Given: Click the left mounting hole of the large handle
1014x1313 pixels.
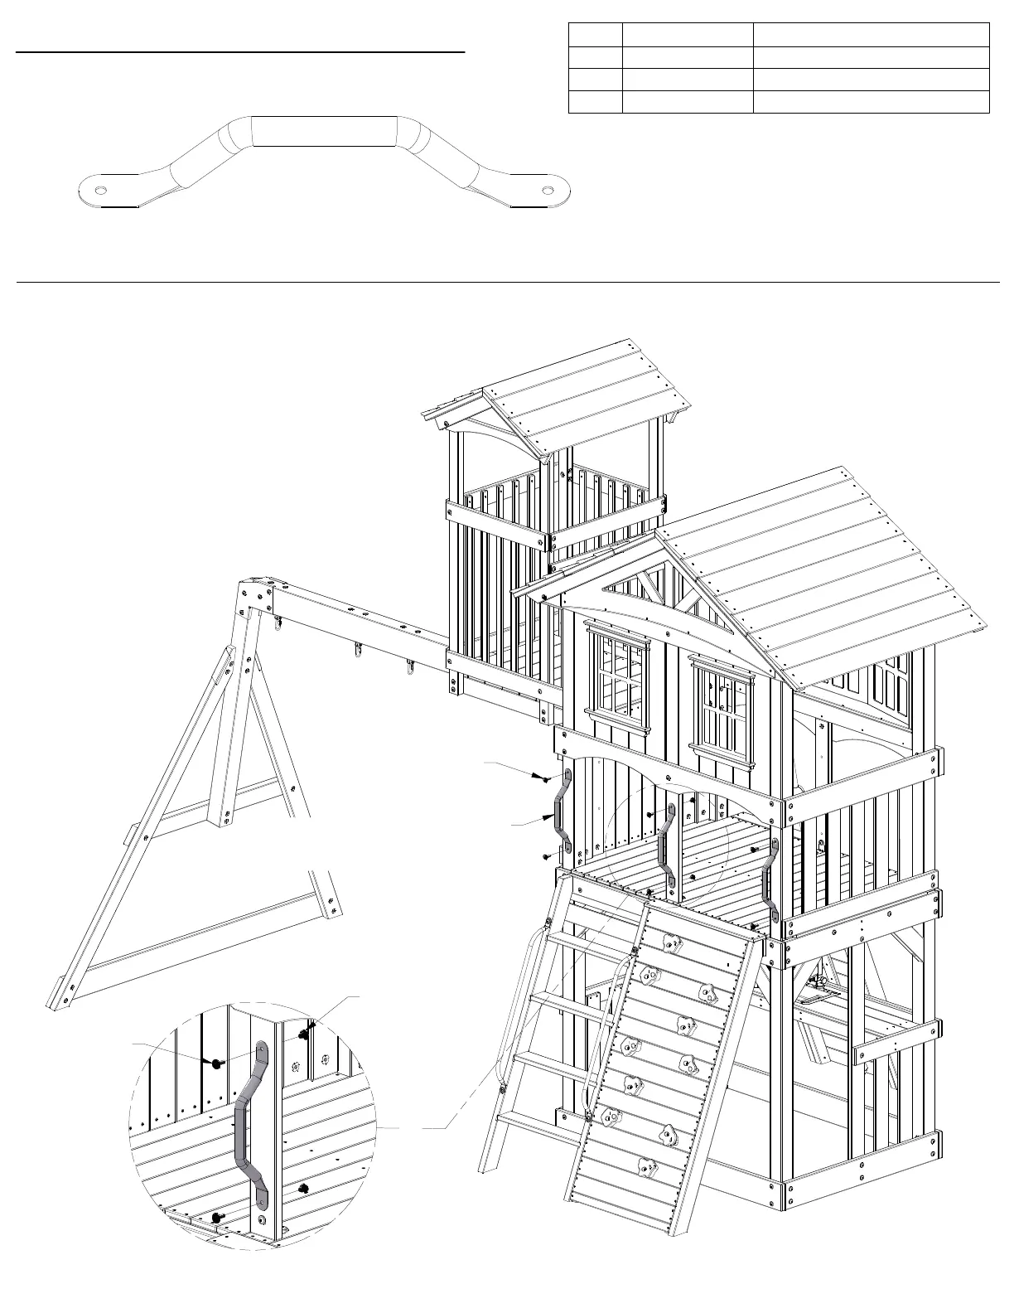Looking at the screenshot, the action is pyautogui.click(x=100, y=190).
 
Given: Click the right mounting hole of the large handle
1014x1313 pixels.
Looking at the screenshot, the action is pyautogui.click(x=548, y=190).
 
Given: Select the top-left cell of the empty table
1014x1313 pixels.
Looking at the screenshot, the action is pyautogui.click(x=595, y=35).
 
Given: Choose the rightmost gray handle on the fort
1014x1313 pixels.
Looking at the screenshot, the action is pyautogui.click(x=770, y=881).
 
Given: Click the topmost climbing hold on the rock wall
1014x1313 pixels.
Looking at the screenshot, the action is pyautogui.click(x=669, y=942).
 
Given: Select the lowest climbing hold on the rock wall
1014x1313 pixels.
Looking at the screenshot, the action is pyautogui.click(x=646, y=1170).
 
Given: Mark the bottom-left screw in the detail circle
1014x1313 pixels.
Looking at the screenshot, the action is pyautogui.click(x=216, y=1217).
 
